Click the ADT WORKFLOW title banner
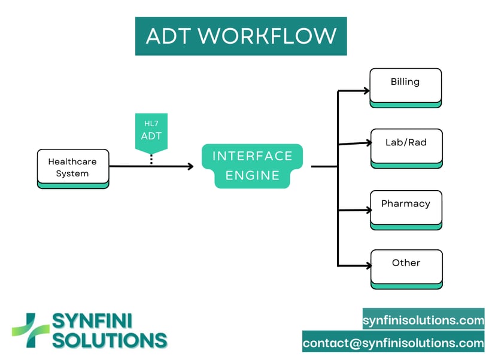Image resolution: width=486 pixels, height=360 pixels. (241, 36)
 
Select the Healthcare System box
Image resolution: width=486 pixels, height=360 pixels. (73, 169)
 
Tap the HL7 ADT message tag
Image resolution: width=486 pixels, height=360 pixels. (151, 133)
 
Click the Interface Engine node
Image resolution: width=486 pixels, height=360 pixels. (253, 166)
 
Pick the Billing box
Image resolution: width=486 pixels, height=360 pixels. (405, 88)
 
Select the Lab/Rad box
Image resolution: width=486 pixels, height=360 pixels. (406, 149)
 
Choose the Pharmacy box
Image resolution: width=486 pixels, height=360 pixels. (406, 210)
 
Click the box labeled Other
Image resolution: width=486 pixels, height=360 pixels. (406, 269)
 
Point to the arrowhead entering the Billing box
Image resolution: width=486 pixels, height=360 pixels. (367, 90)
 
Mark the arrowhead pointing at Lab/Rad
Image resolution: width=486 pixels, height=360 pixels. (369, 142)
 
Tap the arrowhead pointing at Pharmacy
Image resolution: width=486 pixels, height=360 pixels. (369, 210)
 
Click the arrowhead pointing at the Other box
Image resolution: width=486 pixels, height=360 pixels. (369, 266)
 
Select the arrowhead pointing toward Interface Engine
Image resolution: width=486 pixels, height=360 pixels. (190, 166)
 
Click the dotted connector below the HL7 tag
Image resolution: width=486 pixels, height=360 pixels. (151, 159)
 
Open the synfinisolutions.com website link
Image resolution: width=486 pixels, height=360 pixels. (423, 320)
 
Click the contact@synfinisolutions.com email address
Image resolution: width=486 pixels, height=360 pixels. (393, 343)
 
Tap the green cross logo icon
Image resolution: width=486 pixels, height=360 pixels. (31, 330)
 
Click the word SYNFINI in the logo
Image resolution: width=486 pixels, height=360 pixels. (92, 321)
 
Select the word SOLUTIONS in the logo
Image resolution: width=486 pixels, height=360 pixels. (110, 340)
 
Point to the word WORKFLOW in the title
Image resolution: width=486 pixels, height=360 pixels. (267, 36)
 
